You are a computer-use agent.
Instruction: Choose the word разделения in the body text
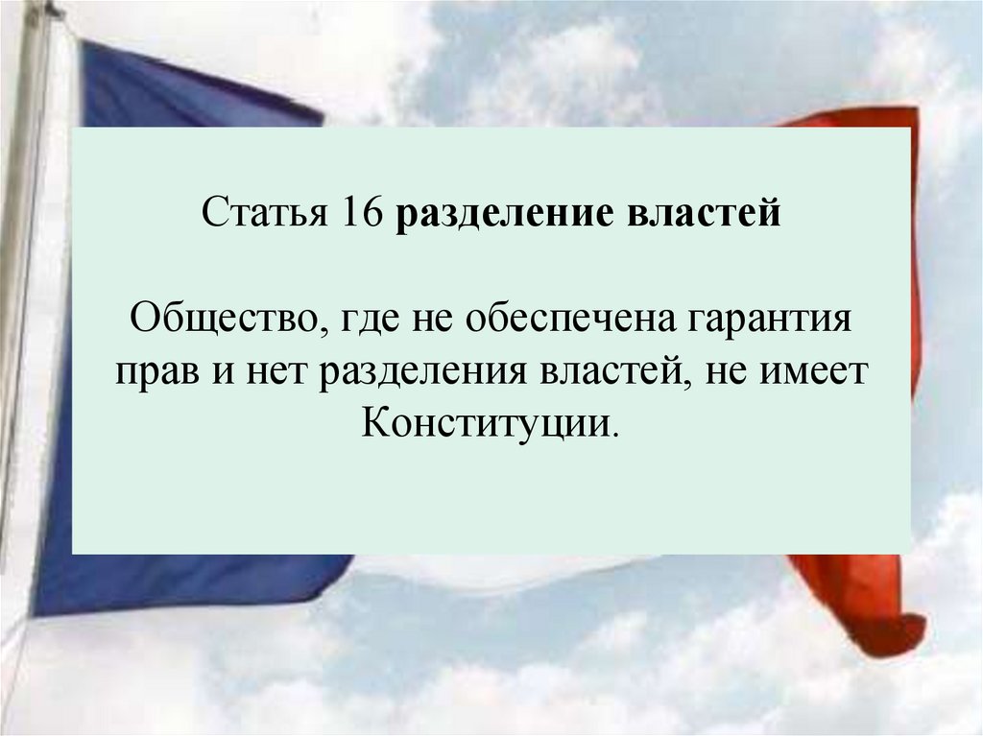433,370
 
